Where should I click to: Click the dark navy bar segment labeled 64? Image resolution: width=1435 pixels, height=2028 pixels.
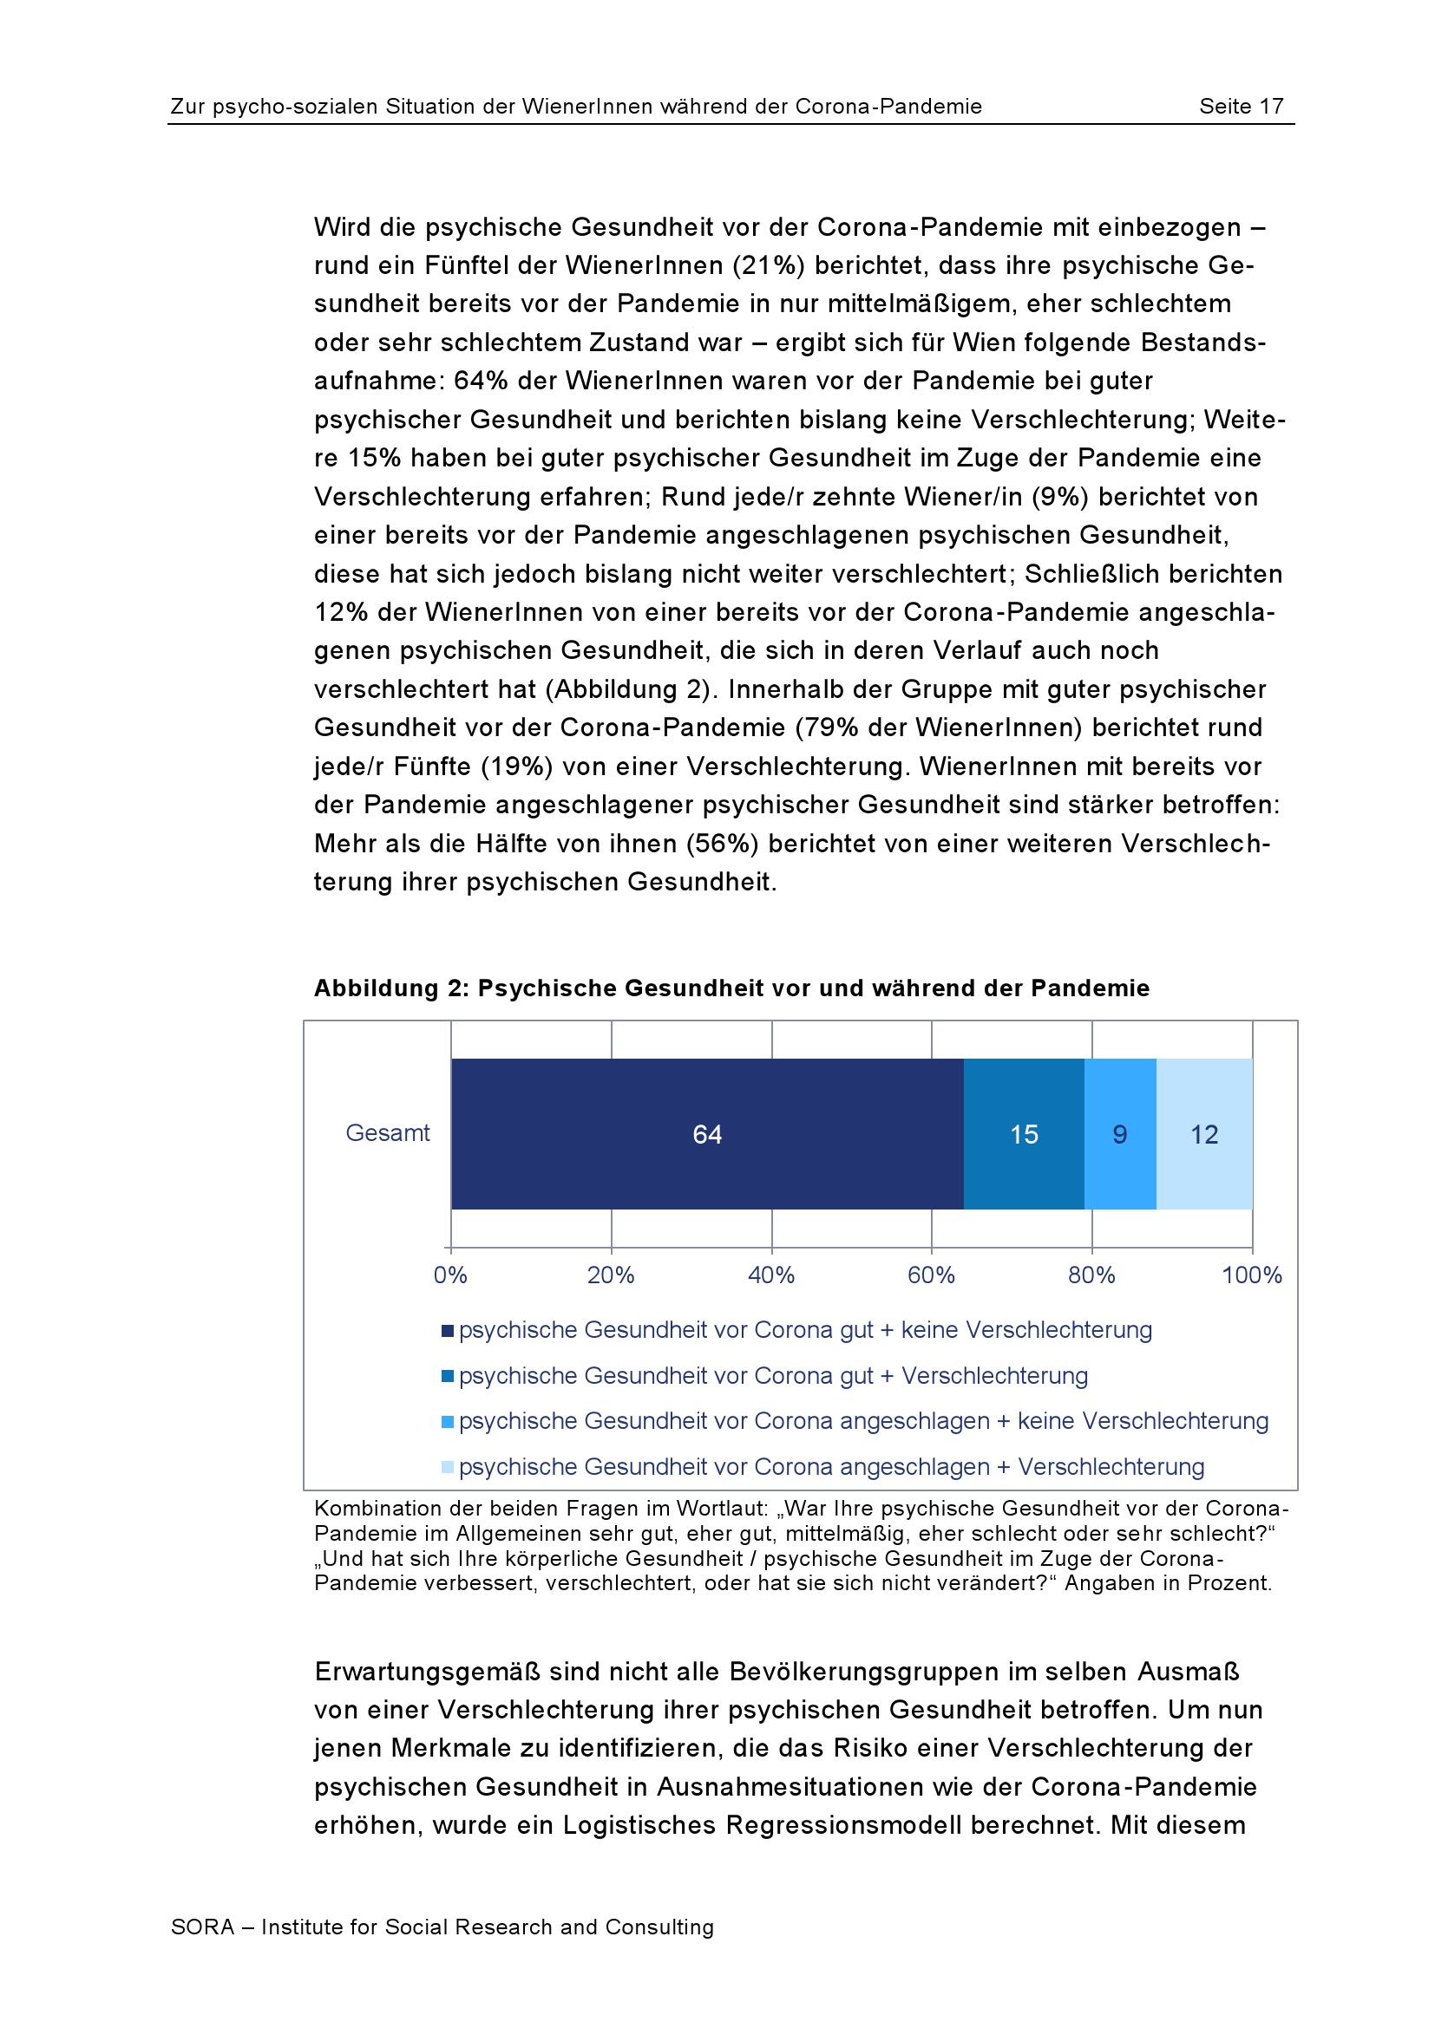(707, 1133)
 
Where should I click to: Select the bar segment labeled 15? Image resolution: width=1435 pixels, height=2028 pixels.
(1023, 1133)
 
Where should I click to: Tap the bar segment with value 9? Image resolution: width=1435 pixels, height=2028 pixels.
(1119, 1133)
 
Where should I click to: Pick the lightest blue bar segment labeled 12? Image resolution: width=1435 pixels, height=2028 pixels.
(1203, 1133)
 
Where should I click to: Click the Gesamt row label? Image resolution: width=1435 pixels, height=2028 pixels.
(387, 1132)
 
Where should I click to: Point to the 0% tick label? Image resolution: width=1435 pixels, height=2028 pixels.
(449, 1275)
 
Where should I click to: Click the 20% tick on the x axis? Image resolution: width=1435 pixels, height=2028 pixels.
(611, 1275)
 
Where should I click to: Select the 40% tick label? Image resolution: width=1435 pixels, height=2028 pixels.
(770, 1275)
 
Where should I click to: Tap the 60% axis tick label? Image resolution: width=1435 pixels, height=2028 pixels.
(930, 1275)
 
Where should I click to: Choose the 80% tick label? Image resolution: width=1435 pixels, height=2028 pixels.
(1091, 1275)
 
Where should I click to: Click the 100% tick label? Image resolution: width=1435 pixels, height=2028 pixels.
(1251, 1275)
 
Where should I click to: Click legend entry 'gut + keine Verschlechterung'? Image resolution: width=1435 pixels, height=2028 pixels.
(804, 1330)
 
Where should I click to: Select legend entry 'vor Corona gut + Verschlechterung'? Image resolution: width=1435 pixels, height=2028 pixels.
(772, 1376)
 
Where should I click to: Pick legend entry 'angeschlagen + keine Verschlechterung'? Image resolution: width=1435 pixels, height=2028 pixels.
(862, 1421)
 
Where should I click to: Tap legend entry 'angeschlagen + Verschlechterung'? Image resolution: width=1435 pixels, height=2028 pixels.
(830, 1467)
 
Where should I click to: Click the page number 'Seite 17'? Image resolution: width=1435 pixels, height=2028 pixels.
(1241, 107)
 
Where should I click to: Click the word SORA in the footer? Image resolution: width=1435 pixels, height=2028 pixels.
(202, 1927)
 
